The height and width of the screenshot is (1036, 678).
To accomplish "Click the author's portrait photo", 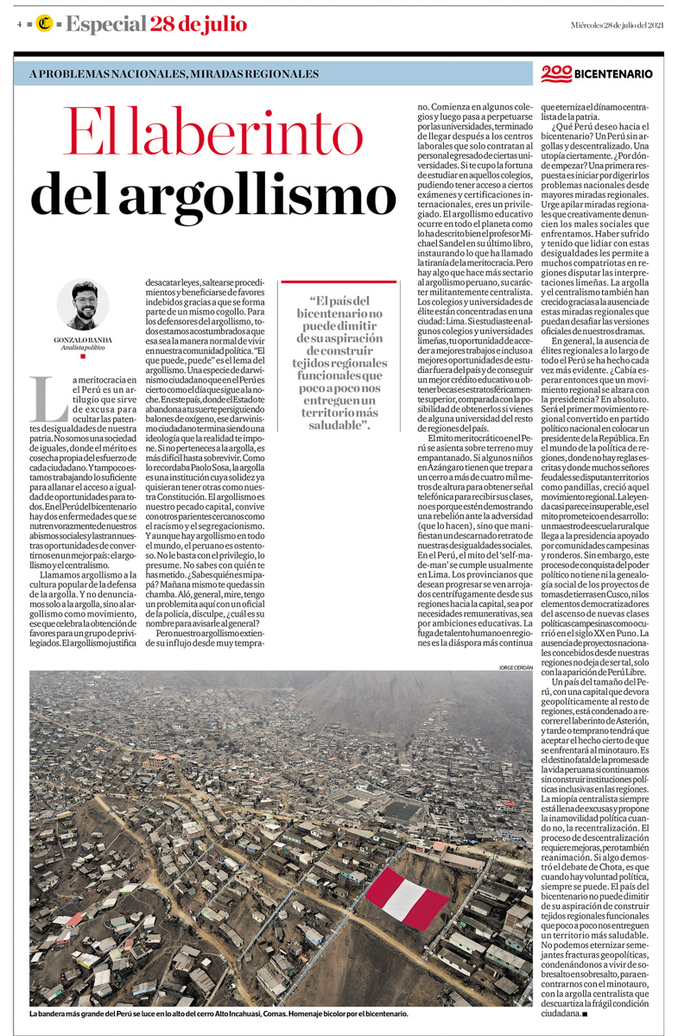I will [83, 303].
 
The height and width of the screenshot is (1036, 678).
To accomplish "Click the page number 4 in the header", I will [18, 24].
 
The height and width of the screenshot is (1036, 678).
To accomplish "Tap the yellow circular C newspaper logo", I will [42, 24].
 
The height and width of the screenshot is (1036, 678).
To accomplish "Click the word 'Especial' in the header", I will [105, 24].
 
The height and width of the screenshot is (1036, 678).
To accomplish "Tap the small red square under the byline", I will [83, 356].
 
